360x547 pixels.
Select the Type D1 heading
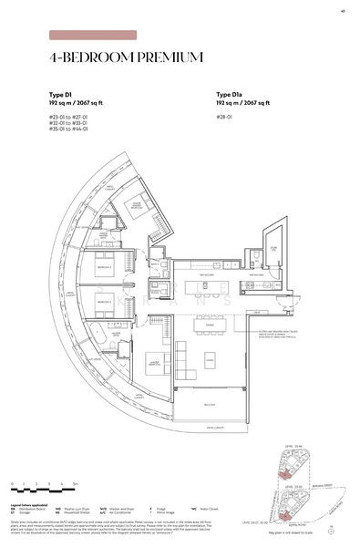(62, 94)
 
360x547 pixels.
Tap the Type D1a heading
(231, 94)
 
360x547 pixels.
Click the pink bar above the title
(93, 36)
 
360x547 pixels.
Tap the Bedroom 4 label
(103, 301)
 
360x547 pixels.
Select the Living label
(211, 361)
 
